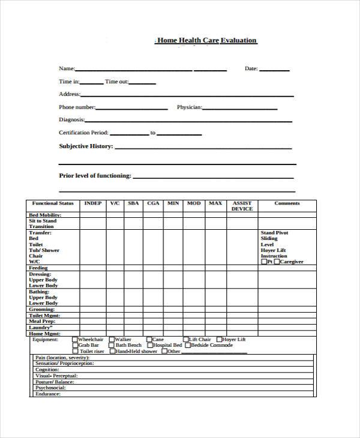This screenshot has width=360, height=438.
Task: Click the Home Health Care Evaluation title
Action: coord(206,41)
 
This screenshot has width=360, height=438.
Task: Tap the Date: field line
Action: coord(274,70)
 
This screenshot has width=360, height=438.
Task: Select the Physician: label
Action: coord(189,107)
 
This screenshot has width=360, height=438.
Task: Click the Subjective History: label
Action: coord(85,146)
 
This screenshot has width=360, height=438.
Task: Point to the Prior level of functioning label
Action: coord(95,176)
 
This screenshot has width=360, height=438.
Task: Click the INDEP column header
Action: coord(93,203)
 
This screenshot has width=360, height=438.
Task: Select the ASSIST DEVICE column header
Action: coord(242,206)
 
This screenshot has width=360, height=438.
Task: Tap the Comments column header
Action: coord(287,203)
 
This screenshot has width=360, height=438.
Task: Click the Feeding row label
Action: coord(38,268)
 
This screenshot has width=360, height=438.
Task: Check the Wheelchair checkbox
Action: coord(75,340)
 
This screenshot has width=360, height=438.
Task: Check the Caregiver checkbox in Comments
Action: coord(277,262)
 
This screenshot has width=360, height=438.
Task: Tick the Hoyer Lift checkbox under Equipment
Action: coord(219,340)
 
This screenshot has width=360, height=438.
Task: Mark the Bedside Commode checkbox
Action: coord(188,346)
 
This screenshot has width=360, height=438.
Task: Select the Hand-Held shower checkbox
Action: coord(112,351)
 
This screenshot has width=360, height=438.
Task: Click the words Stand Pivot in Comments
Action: coord(274,233)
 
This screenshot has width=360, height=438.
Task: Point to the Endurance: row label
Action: coord(48,394)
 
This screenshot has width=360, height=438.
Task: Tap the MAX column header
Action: coord(215,203)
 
